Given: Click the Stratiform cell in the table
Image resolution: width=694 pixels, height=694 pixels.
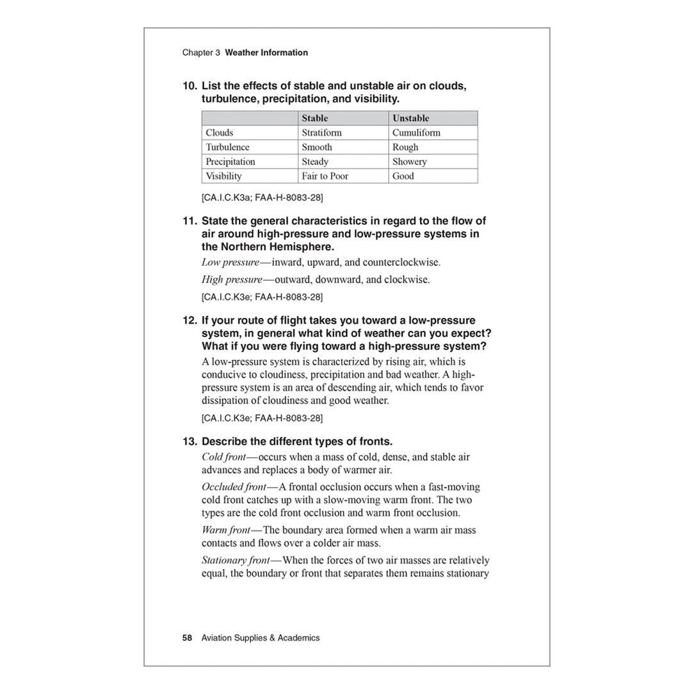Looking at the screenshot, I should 321,133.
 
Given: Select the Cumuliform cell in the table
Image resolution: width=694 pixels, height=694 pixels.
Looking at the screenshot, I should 416,133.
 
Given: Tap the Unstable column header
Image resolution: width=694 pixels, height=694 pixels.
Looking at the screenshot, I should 410,118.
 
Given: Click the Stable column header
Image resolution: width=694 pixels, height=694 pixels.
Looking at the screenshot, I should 314,118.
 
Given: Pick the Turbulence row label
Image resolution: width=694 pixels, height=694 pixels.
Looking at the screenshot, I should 227,147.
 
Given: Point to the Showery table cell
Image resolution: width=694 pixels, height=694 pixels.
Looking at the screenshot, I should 409,161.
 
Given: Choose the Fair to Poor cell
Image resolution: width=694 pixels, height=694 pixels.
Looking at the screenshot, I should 325,176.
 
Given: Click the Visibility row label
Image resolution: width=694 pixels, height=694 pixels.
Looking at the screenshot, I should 223,176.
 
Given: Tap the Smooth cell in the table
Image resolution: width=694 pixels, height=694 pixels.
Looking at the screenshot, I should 317,147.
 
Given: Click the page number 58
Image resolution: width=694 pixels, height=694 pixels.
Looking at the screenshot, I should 187,638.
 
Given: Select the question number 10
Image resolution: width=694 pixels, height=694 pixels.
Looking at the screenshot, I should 189,86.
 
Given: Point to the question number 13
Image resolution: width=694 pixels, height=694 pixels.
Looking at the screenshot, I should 189,442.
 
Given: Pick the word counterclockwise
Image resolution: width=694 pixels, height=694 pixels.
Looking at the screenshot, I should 399,262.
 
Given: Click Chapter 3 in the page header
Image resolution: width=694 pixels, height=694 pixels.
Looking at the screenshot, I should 201,53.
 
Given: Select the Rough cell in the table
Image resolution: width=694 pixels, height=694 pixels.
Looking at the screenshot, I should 405,147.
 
